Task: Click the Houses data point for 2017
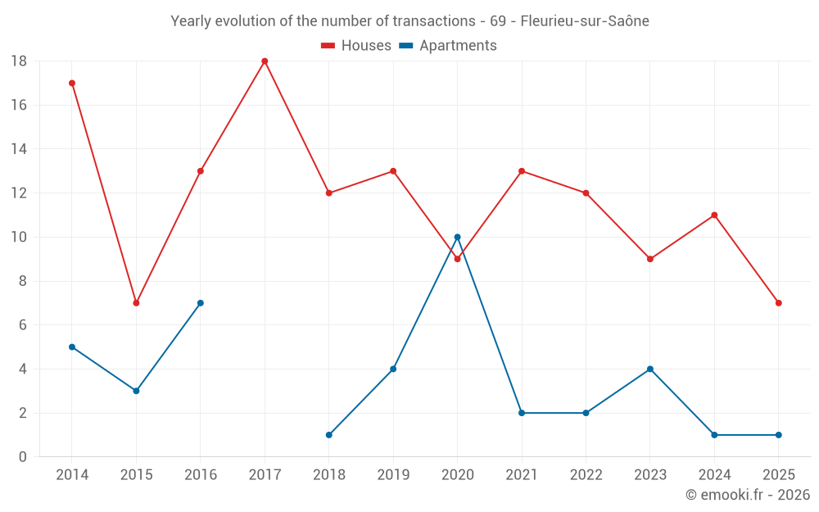[265, 61]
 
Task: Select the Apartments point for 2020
[457, 237]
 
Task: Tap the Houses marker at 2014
[72, 83]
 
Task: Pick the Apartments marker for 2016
[201, 303]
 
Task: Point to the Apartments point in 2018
[328, 435]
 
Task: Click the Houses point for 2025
[778, 303]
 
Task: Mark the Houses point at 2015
[136, 303]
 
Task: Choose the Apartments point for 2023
[649, 369]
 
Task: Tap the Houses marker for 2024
[714, 215]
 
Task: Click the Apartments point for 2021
[522, 413]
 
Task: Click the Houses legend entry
[356, 46]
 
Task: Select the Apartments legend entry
[448, 46]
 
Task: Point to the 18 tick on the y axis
[19, 61]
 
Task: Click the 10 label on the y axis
[19, 238]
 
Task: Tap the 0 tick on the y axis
[23, 457]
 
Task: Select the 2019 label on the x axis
[393, 475]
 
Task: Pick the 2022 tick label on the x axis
[586, 475]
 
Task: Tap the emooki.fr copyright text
[748, 495]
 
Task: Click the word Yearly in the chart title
[191, 21]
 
